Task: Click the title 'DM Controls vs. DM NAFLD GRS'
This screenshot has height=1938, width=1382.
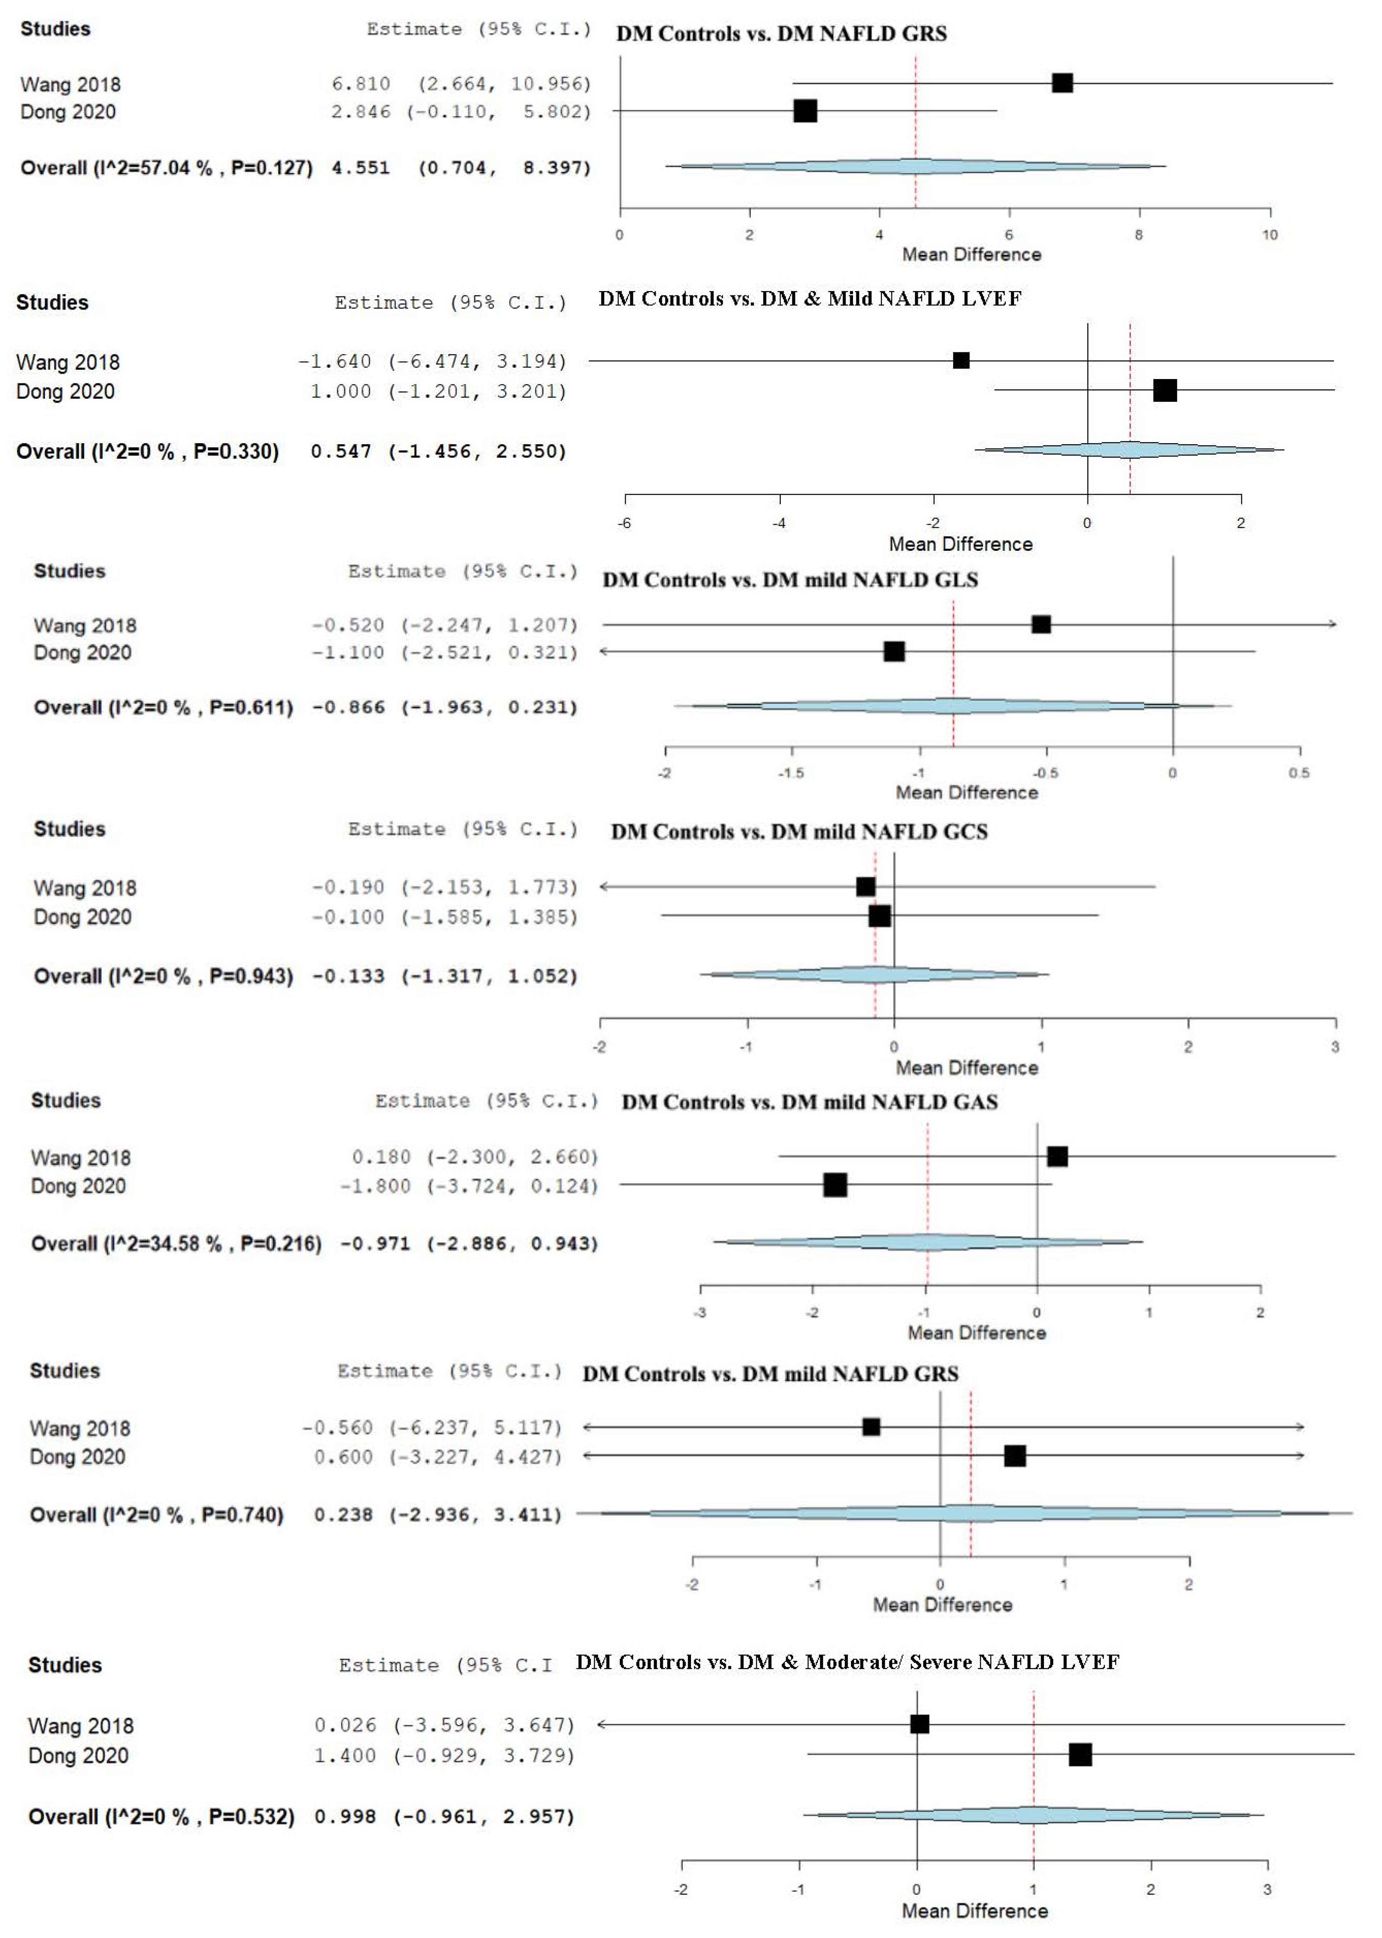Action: tap(781, 33)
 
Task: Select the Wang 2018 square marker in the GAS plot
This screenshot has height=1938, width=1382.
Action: tap(1057, 1156)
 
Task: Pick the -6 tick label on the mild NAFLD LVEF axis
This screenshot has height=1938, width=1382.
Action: tap(625, 523)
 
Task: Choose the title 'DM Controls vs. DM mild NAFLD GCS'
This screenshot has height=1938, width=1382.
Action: tap(799, 831)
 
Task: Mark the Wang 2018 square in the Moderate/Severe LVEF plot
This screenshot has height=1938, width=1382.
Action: tap(919, 1724)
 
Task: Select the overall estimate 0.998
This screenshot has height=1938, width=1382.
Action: tap(345, 1816)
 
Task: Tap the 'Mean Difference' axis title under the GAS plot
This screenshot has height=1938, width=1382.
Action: tap(976, 1332)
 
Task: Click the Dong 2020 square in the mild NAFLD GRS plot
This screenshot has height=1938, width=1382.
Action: tap(1014, 1455)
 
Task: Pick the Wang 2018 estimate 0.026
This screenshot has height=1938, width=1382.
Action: tap(345, 1725)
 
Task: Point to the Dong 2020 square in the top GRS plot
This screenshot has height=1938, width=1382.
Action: tap(805, 111)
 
